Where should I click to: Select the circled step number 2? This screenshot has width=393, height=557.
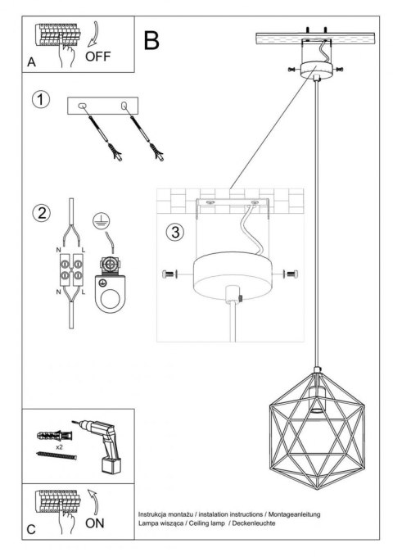pos(38,214)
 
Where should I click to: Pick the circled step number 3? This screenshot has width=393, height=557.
pos(173,232)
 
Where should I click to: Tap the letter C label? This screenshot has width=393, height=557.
pos(31,531)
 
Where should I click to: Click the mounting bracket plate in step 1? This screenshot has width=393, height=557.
pos(104,107)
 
